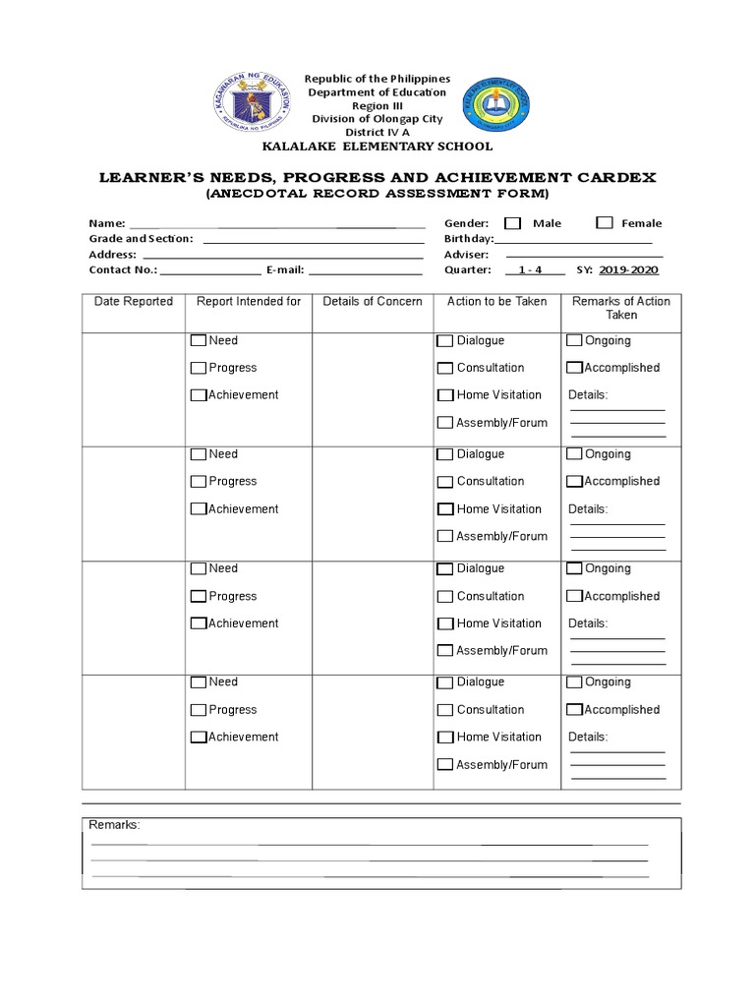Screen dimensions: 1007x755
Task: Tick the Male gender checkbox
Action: (x=512, y=223)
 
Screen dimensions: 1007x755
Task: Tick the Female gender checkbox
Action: (x=605, y=223)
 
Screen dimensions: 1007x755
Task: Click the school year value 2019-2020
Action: (x=628, y=269)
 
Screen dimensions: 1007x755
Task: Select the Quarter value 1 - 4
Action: (x=530, y=269)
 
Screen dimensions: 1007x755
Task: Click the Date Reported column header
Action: (x=134, y=302)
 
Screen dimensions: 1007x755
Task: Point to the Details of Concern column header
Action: (x=373, y=302)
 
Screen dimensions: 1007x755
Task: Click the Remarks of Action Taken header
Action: (x=621, y=308)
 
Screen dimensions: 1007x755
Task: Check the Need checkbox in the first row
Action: (x=199, y=341)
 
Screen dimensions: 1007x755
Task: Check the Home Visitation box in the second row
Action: (x=445, y=509)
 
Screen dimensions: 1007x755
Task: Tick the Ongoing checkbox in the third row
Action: (x=574, y=568)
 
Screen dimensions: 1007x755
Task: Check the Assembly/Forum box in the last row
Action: (x=445, y=764)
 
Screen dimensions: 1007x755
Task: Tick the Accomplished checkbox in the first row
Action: (x=574, y=368)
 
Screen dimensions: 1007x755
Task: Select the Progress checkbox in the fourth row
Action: (x=199, y=710)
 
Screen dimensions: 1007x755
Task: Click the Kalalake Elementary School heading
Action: (x=377, y=147)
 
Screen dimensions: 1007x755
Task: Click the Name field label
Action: (x=107, y=224)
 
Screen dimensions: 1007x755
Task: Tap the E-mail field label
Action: (x=284, y=270)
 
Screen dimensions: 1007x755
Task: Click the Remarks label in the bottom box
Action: (x=115, y=825)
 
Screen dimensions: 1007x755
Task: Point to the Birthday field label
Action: (x=468, y=239)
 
